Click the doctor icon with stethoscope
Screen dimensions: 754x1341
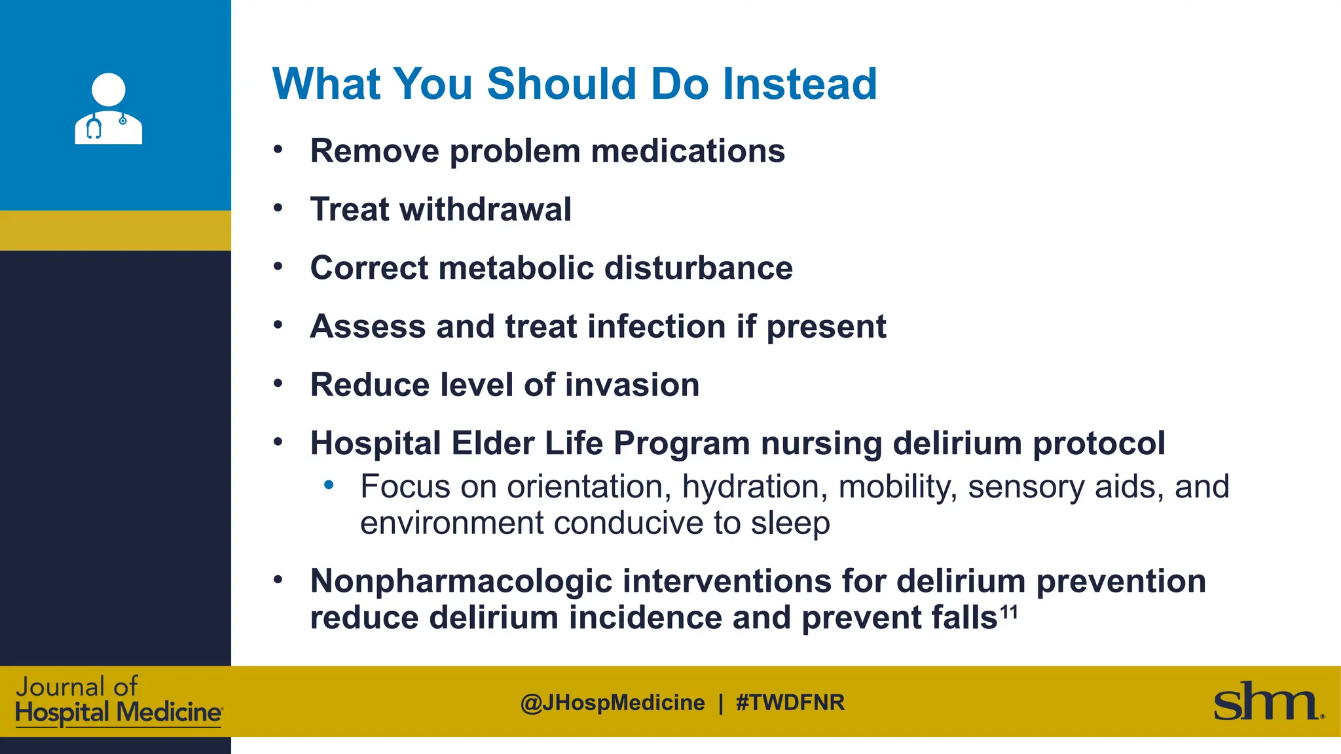tap(108, 109)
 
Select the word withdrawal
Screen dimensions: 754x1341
tap(485, 209)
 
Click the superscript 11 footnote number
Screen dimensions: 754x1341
tap(1009, 611)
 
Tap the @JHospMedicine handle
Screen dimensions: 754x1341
tap(612, 702)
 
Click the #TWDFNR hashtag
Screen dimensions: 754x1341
tap(790, 702)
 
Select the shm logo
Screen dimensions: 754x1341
tap(1266, 702)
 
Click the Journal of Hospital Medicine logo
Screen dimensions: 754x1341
tap(118, 701)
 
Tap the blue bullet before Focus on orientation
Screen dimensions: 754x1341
tap(329, 485)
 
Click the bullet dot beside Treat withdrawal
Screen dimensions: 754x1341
tap(278, 208)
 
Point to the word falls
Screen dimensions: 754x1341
tap(964, 618)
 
